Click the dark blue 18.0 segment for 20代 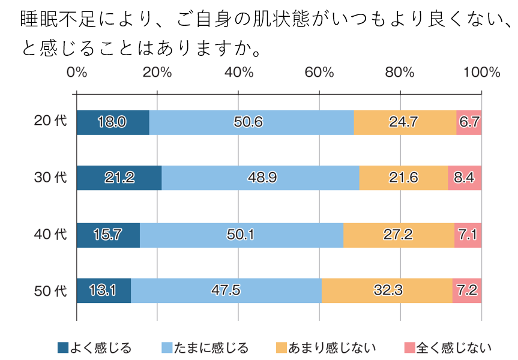[x=113, y=122]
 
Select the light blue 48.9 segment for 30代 [x=261, y=178]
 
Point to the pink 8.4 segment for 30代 [x=465, y=178]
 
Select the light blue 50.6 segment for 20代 [x=251, y=122]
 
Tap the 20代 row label [x=50, y=121]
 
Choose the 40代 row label [x=50, y=234]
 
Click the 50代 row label [x=50, y=291]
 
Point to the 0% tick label [x=77, y=73]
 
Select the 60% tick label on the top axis [x=319, y=73]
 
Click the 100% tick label [x=481, y=73]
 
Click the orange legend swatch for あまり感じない [x=281, y=347]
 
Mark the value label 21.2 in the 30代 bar [x=119, y=178]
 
